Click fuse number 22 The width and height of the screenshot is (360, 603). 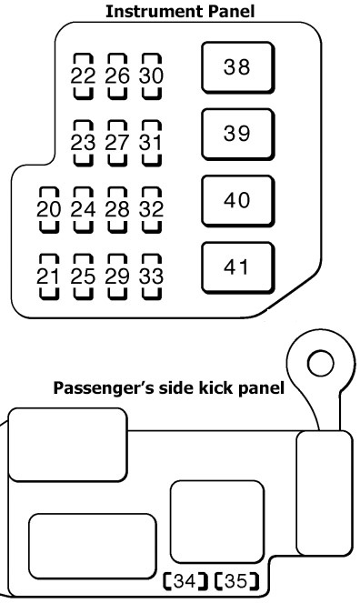pyautogui.click(x=83, y=76)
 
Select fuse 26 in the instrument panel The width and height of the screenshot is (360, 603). pyautogui.click(x=117, y=76)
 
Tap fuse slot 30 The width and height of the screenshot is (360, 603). pyautogui.click(x=152, y=76)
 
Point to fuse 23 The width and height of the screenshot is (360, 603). pyautogui.click(x=83, y=143)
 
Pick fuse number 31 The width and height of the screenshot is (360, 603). pyautogui.click(x=152, y=143)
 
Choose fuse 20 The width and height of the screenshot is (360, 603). pyautogui.click(x=49, y=210)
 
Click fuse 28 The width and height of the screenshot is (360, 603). pyautogui.click(x=117, y=210)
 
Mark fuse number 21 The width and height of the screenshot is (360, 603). pyautogui.click(x=49, y=276)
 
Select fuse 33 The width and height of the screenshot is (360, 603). pyautogui.click(x=152, y=276)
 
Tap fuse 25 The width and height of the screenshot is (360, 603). pyautogui.click(x=83, y=276)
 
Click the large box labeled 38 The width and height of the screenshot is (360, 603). pyautogui.click(x=238, y=67)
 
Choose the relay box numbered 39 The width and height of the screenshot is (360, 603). pyautogui.click(x=238, y=135)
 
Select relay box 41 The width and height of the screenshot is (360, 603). pyautogui.click(x=238, y=268)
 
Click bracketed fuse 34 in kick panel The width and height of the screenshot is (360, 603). pyautogui.click(x=185, y=581)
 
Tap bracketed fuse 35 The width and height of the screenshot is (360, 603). pyautogui.click(x=236, y=581)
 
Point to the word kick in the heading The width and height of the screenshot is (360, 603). pyautogui.click(x=216, y=387)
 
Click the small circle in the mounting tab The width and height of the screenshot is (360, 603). pyautogui.click(x=320, y=363)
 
